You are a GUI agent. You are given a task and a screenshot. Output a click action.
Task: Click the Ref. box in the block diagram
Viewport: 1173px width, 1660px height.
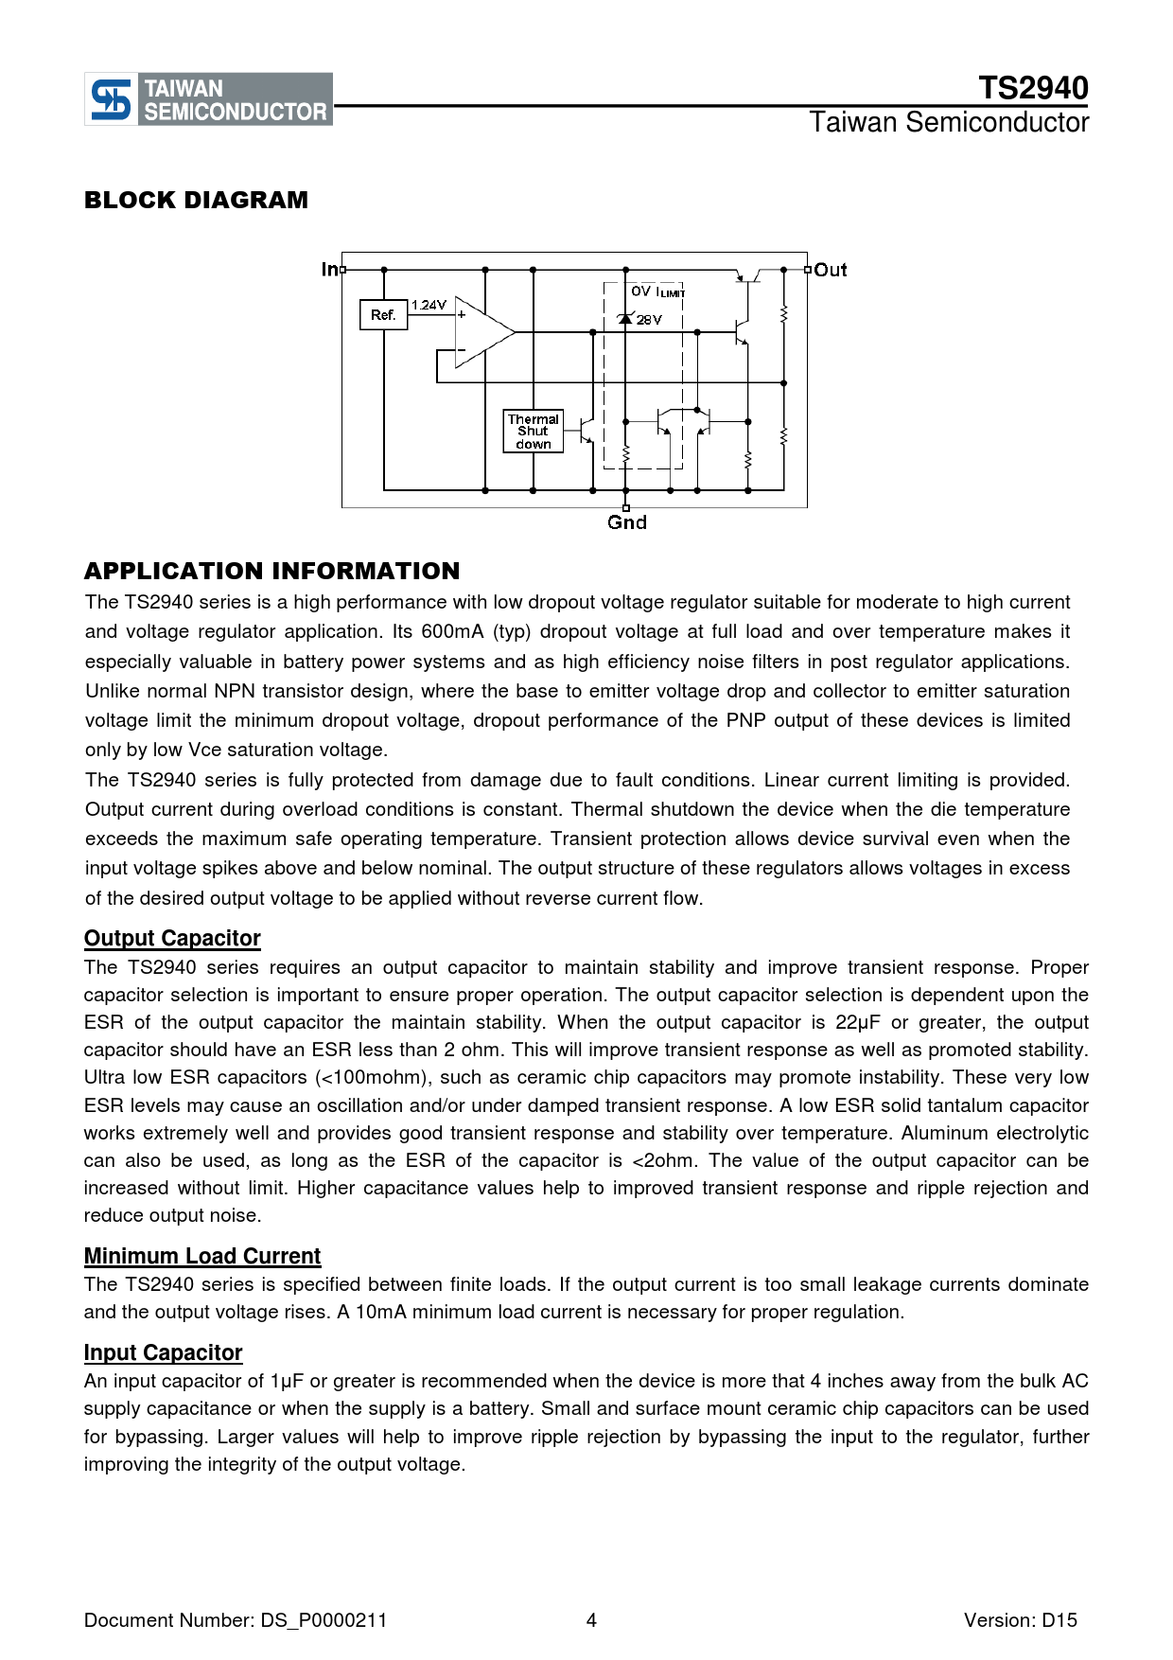(x=383, y=315)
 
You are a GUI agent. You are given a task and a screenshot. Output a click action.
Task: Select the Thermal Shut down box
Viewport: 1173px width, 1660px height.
(x=533, y=432)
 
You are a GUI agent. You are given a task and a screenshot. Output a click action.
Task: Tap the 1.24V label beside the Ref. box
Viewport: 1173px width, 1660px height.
(x=429, y=305)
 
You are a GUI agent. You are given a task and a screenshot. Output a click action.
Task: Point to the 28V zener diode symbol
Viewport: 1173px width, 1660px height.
(x=625, y=319)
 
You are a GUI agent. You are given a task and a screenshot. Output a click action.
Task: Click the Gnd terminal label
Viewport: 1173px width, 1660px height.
(x=626, y=522)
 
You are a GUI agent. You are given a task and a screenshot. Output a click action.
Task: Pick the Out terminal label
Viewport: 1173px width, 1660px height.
(x=831, y=271)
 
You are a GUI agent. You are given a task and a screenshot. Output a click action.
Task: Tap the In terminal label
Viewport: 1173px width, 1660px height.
(x=329, y=270)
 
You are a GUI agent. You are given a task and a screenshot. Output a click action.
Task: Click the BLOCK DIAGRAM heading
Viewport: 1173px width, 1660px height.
(x=196, y=201)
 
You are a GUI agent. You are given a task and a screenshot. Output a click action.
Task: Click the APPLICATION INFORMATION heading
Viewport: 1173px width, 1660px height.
(x=271, y=572)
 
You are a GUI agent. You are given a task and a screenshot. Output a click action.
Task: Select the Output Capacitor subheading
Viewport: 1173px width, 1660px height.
(x=172, y=938)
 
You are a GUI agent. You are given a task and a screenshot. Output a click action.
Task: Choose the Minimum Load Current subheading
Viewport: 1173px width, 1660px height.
(x=202, y=1256)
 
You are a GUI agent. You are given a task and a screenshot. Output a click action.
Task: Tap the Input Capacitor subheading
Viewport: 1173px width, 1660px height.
(x=163, y=1352)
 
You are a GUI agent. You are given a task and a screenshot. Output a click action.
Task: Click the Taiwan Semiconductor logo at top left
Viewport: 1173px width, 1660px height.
(x=208, y=99)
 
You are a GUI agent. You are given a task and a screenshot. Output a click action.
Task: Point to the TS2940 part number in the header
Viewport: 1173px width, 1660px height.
(x=1033, y=88)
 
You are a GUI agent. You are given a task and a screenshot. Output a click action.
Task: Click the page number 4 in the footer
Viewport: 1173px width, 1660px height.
(x=591, y=1620)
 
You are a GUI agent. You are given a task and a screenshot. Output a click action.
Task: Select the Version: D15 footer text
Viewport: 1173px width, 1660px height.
(x=1020, y=1620)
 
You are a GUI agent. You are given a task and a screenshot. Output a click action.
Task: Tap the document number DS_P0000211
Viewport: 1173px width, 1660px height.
(x=324, y=1620)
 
